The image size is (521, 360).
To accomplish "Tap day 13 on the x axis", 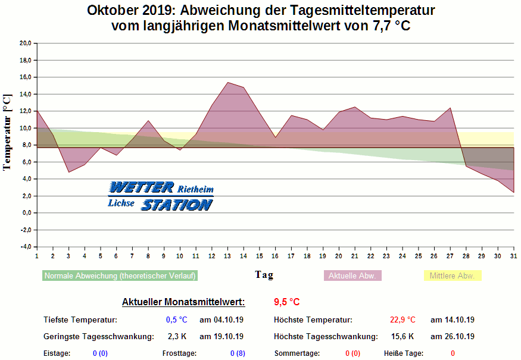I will [x=227, y=256].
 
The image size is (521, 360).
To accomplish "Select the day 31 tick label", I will [x=514, y=256].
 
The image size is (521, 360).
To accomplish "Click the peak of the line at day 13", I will [x=227, y=82].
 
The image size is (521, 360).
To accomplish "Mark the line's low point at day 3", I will [x=68, y=172].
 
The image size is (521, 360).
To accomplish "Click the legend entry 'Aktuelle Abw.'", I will [x=352, y=276].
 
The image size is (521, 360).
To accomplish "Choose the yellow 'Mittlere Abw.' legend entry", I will [x=452, y=276].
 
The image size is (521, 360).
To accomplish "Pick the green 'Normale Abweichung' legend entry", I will [x=120, y=276].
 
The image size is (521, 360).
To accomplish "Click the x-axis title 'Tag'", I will [x=264, y=274].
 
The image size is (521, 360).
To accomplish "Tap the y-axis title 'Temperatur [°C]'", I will [x=7, y=132].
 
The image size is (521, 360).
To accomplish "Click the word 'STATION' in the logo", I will [x=176, y=205].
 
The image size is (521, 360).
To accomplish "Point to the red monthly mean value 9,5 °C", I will [x=286, y=302].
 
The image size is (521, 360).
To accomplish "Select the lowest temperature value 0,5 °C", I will [x=176, y=320].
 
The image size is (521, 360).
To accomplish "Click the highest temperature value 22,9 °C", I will [x=403, y=320].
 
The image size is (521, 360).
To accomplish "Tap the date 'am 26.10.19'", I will [x=453, y=336].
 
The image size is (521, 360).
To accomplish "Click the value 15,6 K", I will [x=403, y=336].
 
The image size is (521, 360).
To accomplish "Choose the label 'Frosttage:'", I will [x=179, y=353].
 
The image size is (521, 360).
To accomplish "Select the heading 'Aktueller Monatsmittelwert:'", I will [x=183, y=302].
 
